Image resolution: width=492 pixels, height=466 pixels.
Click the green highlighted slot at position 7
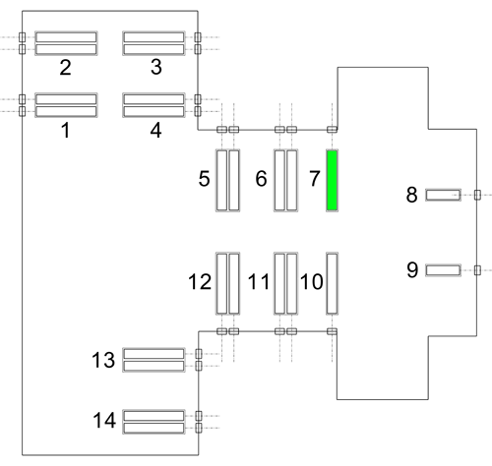point(332,180)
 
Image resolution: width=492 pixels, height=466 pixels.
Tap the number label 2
point(65,68)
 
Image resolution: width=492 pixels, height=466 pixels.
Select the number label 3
point(156,67)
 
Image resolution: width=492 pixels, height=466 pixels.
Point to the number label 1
point(66,130)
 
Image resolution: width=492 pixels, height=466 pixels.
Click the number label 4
point(155,130)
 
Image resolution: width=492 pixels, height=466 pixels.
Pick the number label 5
point(204,179)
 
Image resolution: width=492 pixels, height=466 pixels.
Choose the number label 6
point(261,179)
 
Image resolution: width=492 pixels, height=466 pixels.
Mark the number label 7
point(315,179)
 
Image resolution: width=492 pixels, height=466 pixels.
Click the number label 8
point(411,195)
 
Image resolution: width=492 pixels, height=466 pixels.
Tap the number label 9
point(412,270)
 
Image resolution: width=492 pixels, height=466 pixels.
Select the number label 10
point(312,282)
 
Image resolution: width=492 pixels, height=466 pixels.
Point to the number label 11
point(259,282)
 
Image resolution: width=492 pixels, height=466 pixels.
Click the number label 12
point(200,282)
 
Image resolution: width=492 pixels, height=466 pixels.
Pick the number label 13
point(103,360)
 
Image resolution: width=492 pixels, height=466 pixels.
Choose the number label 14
point(104,420)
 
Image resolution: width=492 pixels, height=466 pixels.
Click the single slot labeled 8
point(443,195)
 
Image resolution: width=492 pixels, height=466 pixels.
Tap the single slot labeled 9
point(443,270)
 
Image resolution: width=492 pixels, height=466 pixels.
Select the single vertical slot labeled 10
point(332,283)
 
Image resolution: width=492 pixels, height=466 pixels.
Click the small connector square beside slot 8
point(477,195)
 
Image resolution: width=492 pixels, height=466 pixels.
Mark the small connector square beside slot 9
point(477,270)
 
